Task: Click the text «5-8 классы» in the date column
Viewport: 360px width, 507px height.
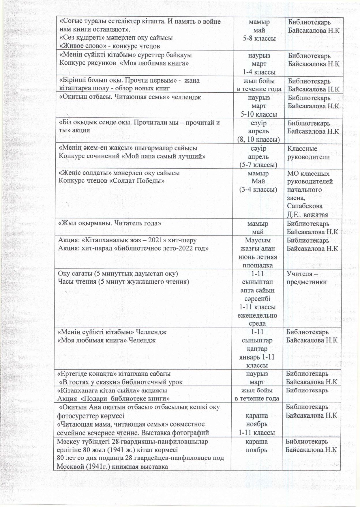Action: click(259, 38)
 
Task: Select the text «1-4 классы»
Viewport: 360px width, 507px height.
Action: click(259, 72)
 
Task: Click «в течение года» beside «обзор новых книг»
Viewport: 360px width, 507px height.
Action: click(259, 89)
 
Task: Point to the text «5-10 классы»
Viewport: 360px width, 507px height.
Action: click(259, 114)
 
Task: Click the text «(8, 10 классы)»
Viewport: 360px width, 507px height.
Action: click(258, 140)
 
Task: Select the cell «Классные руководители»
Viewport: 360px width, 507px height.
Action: click(308, 153)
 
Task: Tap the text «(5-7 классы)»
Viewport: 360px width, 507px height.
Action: click(258, 165)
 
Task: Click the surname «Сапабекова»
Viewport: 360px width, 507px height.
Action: click(305, 206)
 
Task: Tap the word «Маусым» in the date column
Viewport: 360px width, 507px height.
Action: click(258, 240)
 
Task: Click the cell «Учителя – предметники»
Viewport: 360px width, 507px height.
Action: click(306, 278)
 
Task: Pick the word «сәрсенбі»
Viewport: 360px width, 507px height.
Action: click(257, 299)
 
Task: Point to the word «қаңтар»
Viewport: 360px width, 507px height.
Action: click(257, 349)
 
